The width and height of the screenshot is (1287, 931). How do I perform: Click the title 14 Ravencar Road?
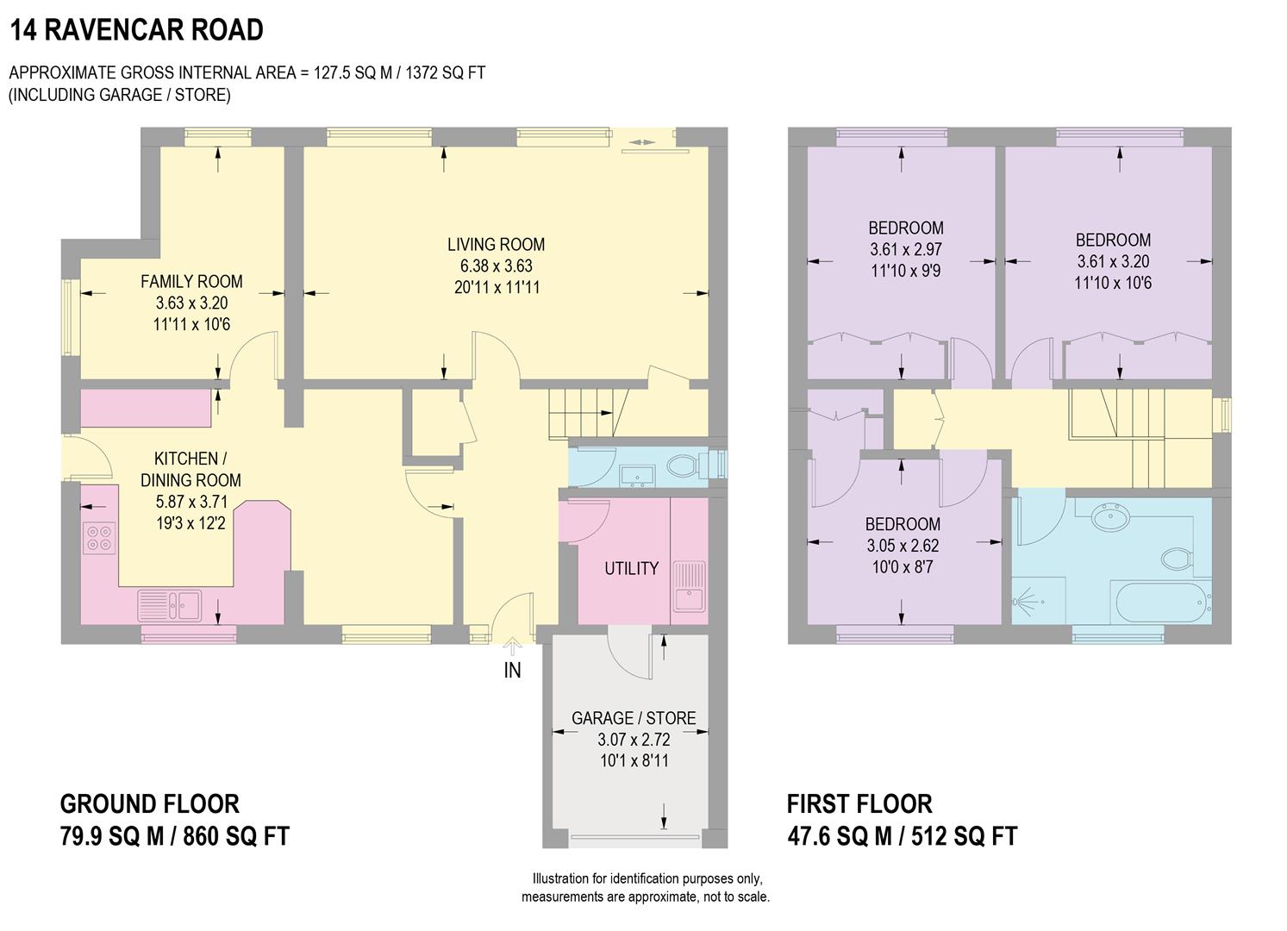[136, 30]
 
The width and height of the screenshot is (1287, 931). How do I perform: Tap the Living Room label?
[496, 244]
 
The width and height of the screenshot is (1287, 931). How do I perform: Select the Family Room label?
[191, 281]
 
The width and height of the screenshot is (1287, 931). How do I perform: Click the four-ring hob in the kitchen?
[97, 538]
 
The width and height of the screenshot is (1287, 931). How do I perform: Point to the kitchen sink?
[170, 604]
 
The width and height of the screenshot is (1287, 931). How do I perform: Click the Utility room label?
[631, 568]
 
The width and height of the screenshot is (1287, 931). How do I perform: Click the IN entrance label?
[512, 670]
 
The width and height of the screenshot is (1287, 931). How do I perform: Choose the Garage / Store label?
[634, 717]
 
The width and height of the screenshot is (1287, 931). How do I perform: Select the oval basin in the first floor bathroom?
[1113, 517]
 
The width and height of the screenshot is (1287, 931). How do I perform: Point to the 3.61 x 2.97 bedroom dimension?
[905, 249]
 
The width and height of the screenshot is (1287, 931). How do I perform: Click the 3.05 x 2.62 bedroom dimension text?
[903, 546]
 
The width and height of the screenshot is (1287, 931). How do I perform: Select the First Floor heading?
[859, 804]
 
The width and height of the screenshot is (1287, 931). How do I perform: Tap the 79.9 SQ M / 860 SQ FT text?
[174, 835]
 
